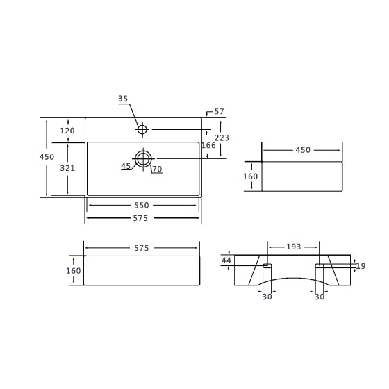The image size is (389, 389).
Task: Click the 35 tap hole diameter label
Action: (x=123, y=99)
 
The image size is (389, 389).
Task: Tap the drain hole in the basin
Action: (x=143, y=158)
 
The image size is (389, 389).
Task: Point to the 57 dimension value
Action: (x=219, y=112)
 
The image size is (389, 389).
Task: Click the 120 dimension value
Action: (x=67, y=131)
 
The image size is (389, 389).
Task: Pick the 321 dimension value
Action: (x=67, y=168)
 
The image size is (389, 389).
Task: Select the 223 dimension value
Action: (x=222, y=138)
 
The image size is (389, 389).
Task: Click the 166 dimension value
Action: (x=208, y=145)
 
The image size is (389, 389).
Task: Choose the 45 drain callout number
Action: (x=126, y=166)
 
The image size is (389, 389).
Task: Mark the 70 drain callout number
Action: (x=157, y=169)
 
